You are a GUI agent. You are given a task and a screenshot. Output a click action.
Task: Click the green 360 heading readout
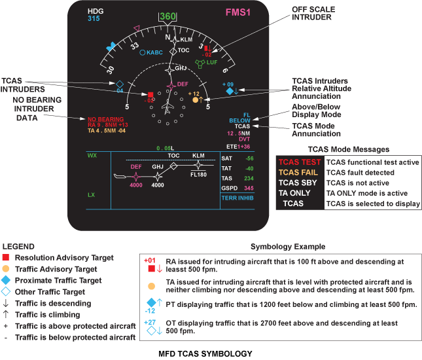pyautogui.click(x=168, y=16)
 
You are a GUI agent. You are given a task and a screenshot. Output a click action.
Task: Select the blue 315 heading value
pyautogui.click(x=94, y=19)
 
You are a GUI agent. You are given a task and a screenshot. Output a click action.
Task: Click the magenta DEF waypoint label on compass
pyautogui.click(x=183, y=84)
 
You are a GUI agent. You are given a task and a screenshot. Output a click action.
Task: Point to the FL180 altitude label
pyautogui.click(x=199, y=175)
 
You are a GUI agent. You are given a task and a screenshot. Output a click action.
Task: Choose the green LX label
pyautogui.click(x=92, y=195)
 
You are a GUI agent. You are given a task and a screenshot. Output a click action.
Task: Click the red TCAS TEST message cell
pyautogui.click(x=300, y=162)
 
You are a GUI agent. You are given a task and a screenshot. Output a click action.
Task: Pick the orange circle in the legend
pyautogui.click(x=6, y=268)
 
